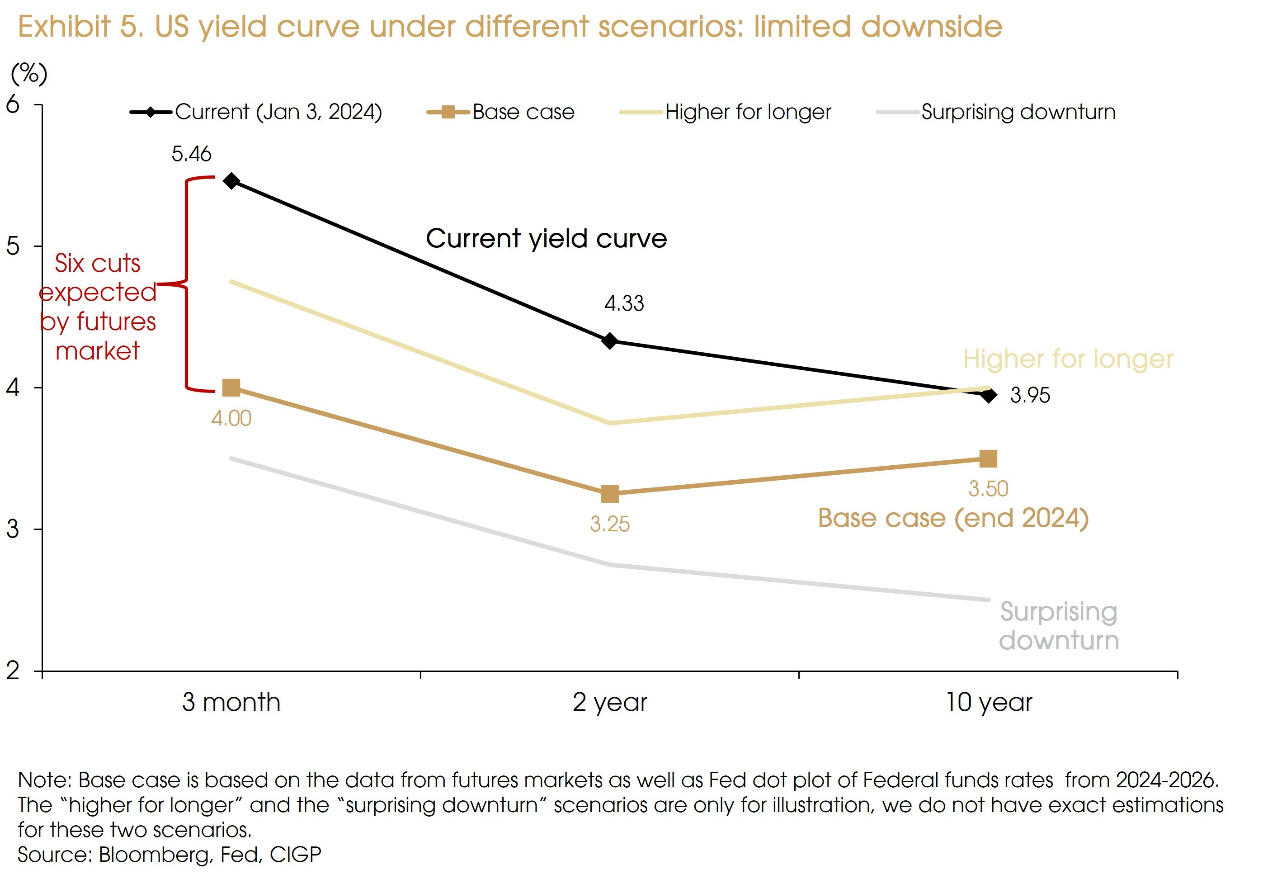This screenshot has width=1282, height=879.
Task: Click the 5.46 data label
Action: [191, 154]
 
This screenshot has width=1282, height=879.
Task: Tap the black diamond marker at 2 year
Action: [609, 341]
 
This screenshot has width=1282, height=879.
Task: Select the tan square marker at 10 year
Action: [988, 458]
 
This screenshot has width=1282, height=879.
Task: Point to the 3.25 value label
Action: [609, 524]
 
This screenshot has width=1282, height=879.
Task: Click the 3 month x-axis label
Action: [231, 702]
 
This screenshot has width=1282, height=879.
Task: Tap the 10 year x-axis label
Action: [989, 702]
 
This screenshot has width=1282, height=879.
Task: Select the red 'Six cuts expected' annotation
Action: [98, 307]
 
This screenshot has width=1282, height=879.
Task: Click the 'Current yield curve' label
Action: [546, 239]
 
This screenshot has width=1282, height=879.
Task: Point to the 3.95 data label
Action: [1030, 395]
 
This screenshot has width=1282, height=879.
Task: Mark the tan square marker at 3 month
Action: [231, 388]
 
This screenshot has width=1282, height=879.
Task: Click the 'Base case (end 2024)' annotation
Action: [952, 518]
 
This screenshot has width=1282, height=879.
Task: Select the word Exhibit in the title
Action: [64, 27]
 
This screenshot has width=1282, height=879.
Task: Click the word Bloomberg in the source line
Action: [155, 854]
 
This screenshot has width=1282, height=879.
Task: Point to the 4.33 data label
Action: [624, 303]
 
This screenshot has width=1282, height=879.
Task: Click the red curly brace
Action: [186, 284]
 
